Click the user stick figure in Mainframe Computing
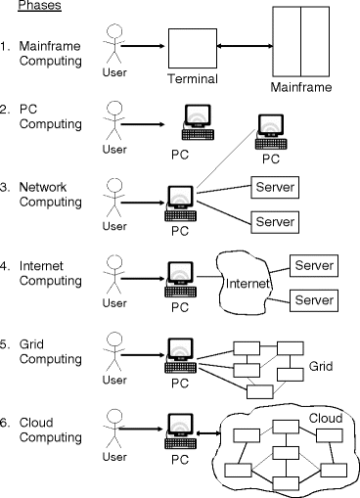click(114, 44)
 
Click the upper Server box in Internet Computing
click(314, 266)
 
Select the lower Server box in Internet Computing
click(314, 298)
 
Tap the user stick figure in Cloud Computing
click(114, 429)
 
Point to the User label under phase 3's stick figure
click(114, 227)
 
